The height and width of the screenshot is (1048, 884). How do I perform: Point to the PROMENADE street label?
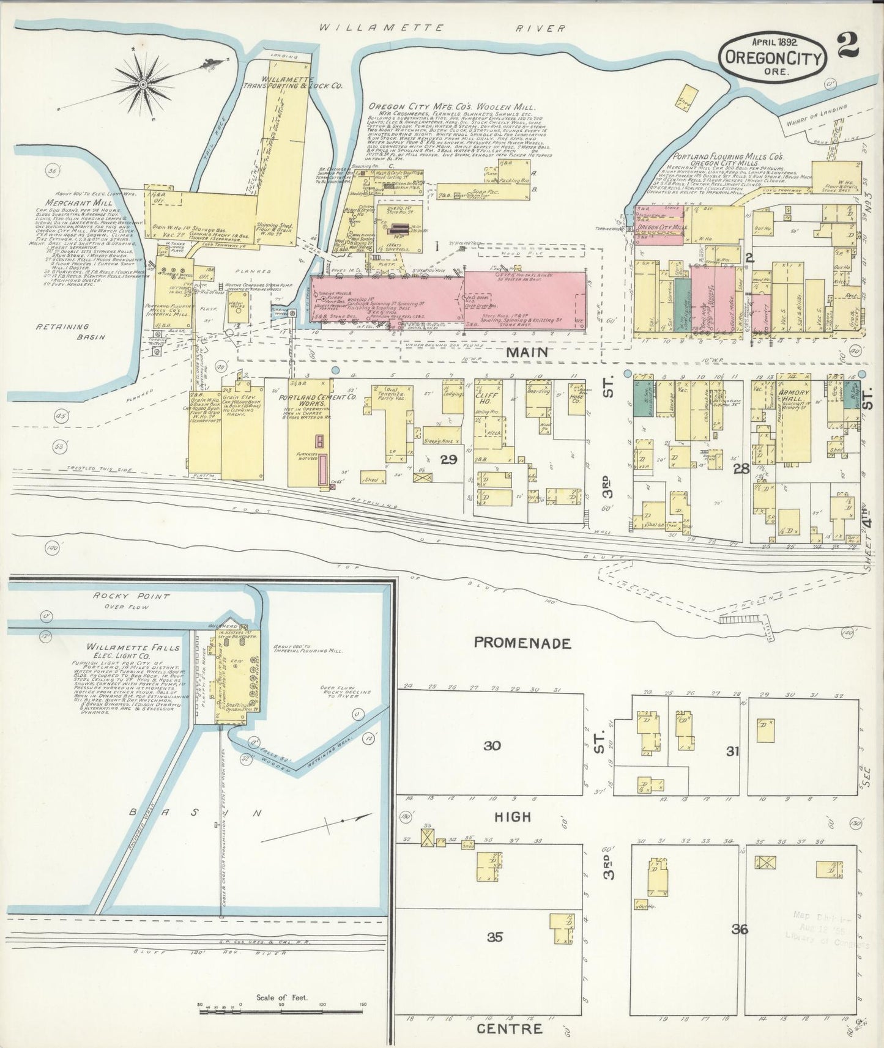click(x=523, y=643)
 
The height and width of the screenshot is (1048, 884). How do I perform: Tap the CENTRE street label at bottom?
click(x=509, y=1028)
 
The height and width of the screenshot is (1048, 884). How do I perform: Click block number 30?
click(x=492, y=745)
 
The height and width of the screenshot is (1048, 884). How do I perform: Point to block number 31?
click(x=733, y=751)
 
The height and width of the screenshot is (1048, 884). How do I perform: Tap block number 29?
click(x=448, y=459)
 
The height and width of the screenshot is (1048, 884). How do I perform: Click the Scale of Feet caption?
click(x=283, y=998)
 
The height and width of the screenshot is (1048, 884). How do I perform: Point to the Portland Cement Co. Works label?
click(x=309, y=402)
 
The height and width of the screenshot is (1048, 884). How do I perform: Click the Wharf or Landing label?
click(x=817, y=115)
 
